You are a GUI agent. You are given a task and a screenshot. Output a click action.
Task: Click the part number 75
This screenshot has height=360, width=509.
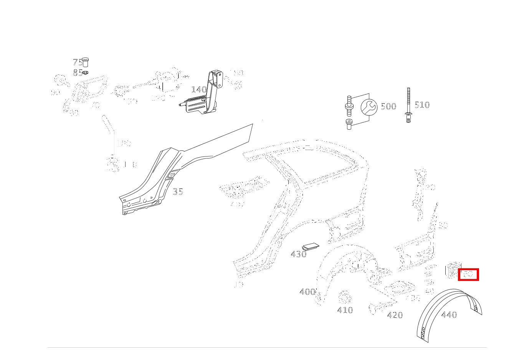77,63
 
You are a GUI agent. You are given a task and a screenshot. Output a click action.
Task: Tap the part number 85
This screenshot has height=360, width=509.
77,73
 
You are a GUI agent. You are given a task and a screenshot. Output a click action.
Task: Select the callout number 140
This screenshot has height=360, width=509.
199,89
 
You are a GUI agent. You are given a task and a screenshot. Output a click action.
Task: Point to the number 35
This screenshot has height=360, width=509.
178,191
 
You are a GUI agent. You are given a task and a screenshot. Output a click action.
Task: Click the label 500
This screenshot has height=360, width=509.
388,106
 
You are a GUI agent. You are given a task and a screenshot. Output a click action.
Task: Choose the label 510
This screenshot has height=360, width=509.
422,105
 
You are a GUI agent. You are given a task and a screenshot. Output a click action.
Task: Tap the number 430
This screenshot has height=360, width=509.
298,254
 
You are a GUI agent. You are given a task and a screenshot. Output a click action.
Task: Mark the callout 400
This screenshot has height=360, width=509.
307,292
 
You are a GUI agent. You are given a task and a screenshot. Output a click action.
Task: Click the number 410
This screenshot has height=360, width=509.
345,310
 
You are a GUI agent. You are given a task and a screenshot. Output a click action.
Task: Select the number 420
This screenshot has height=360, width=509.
395,315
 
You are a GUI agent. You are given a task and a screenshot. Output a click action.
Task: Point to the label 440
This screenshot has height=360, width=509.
449,315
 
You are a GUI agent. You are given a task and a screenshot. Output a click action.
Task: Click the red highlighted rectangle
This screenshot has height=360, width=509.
468,274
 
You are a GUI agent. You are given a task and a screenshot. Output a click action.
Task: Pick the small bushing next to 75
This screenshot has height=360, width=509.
85,61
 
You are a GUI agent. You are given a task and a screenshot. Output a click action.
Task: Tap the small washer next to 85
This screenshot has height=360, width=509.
86,73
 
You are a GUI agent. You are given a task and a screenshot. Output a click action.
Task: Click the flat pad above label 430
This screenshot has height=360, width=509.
311,246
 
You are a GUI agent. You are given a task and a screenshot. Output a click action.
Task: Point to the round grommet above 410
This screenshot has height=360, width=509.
344,297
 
